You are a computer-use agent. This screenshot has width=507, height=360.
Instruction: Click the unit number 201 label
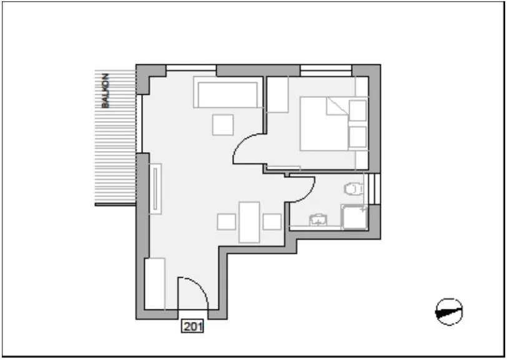tap(194, 325)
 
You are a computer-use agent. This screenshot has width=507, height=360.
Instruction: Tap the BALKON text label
tap(106, 91)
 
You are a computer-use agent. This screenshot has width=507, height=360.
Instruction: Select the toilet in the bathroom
tap(353, 188)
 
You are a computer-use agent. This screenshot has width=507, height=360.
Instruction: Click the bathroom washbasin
tap(318, 219)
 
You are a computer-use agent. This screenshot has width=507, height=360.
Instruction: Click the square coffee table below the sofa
tap(223, 125)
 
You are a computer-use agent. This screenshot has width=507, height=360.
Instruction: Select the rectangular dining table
tap(250, 221)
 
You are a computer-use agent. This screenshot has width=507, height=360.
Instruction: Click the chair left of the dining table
tap(225, 221)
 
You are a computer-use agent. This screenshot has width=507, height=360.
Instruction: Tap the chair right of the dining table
tap(272, 221)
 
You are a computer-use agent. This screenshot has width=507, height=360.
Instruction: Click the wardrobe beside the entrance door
tap(154, 284)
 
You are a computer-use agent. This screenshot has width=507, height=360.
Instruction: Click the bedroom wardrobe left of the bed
tap(277, 94)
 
